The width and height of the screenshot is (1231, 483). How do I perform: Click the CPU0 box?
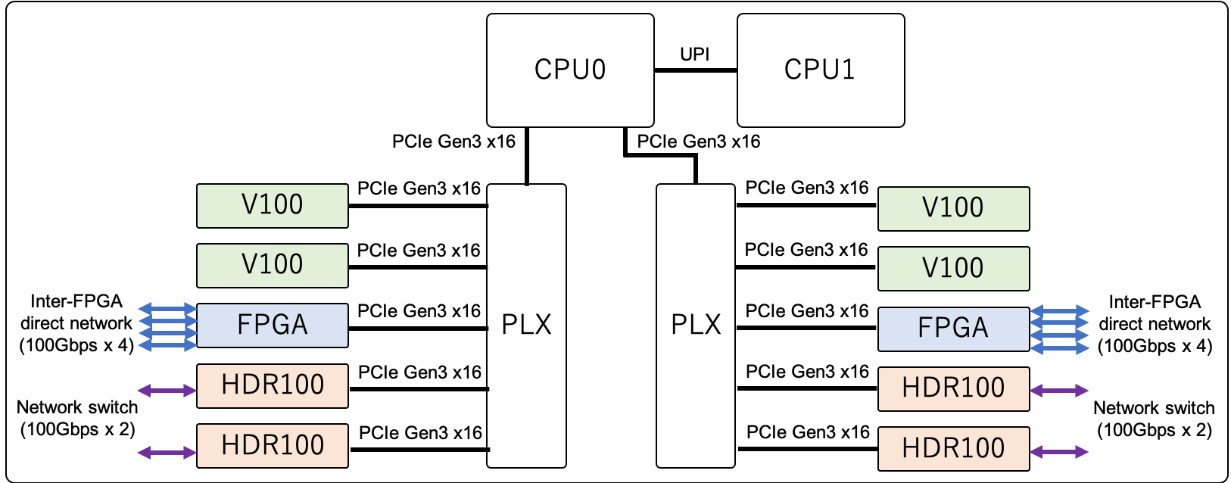(x=570, y=70)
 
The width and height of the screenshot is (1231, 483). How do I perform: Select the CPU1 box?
(x=821, y=70)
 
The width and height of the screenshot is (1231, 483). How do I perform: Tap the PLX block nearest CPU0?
(x=526, y=326)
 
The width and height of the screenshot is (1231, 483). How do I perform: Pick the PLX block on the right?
(x=696, y=326)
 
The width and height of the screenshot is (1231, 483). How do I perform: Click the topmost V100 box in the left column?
(x=273, y=205)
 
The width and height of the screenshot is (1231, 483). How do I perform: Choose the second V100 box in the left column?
(x=273, y=265)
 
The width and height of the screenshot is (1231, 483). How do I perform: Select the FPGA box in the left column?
(x=273, y=326)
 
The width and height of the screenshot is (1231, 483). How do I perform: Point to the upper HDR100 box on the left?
(x=273, y=385)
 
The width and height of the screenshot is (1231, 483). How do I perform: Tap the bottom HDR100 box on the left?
(x=273, y=445)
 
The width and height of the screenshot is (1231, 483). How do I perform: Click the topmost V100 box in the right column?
(x=953, y=208)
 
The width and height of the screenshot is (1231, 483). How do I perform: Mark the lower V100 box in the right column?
(x=953, y=268)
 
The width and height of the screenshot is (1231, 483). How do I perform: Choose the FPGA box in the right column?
(x=953, y=329)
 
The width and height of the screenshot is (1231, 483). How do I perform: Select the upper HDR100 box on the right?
(x=953, y=388)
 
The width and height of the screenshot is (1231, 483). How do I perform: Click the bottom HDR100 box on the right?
(x=953, y=448)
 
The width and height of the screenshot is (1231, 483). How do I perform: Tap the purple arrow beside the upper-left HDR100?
(x=167, y=391)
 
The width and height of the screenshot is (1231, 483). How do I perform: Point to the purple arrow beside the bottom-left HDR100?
(x=167, y=453)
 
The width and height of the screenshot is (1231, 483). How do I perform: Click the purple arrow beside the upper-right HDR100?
(x=1060, y=391)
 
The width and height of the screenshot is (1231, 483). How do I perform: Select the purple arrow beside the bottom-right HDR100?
(x=1060, y=452)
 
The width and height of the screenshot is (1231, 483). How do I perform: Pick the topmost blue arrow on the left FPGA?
(x=167, y=309)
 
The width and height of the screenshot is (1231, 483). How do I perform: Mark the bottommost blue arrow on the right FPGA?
(x=1060, y=348)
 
